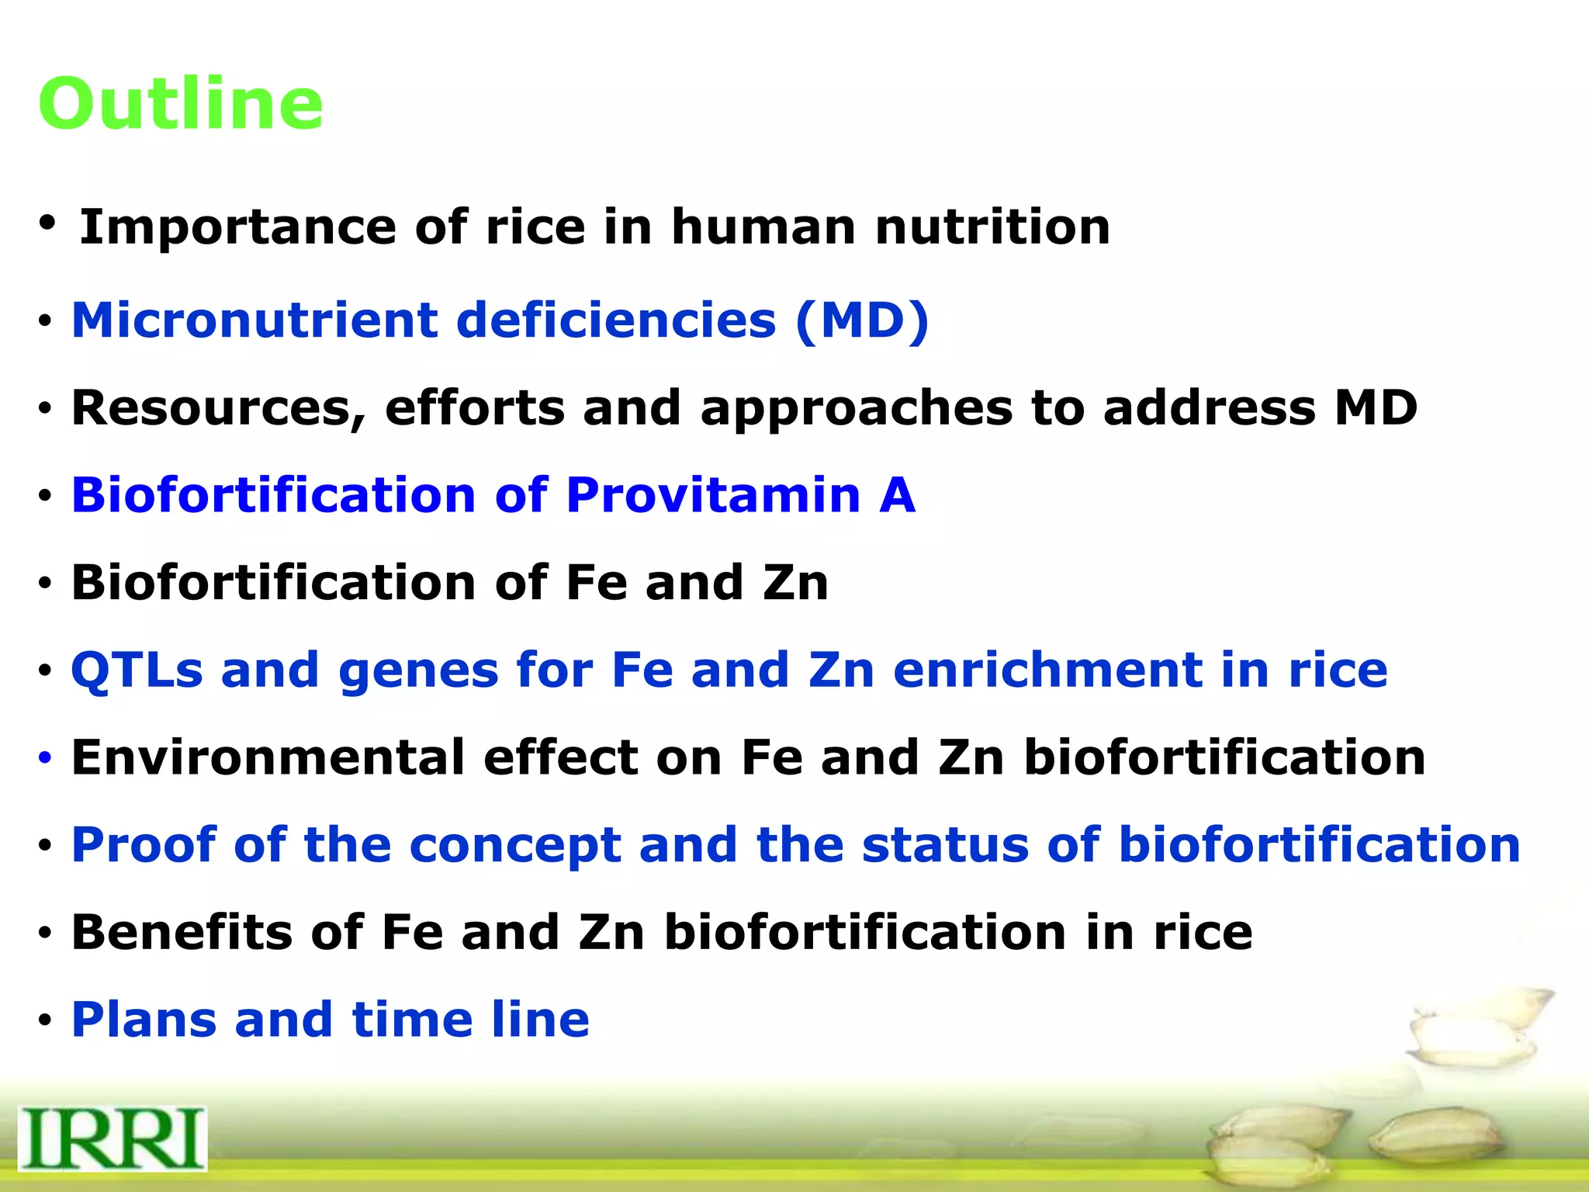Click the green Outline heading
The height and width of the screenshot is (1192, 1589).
(x=180, y=104)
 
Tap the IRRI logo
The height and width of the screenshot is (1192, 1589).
(x=113, y=1138)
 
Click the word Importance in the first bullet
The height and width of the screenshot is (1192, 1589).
(x=237, y=227)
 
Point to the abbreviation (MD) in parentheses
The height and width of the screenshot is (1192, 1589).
(x=861, y=320)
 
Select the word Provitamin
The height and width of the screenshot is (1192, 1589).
(x=713, y=495)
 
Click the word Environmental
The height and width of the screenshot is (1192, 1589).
(x=268, y=757)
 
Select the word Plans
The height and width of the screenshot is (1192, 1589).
(x=144, y=1020)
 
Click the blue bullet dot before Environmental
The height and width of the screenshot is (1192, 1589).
(x=45, y=757)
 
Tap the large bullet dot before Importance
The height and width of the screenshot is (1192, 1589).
(x=47, y=223)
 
